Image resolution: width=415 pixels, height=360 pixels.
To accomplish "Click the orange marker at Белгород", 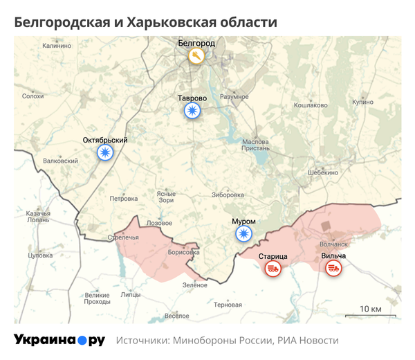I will point(196,56).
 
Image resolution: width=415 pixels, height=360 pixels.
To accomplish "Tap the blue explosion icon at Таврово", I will point(192,111).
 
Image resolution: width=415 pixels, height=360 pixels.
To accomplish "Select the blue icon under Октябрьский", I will point(105,152).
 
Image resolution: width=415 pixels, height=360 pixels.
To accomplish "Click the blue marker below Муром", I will point(243,234).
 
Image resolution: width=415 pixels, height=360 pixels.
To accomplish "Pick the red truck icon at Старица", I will point(273,269).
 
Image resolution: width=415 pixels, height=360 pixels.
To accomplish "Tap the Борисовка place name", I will point(184,253).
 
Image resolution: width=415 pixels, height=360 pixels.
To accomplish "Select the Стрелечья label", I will point(123,238).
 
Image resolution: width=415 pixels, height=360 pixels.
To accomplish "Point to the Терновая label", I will point(228,305).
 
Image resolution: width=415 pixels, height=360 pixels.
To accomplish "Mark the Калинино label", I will point(57,46).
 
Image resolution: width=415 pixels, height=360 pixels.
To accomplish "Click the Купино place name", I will point(362,102).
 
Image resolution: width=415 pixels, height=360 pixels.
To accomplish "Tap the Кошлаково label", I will point(311,105).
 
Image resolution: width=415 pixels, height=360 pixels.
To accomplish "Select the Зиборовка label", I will point(228,195).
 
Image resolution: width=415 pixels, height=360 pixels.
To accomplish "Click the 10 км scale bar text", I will point(371,308).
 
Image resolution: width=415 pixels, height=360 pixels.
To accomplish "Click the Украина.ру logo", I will point(59,340).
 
